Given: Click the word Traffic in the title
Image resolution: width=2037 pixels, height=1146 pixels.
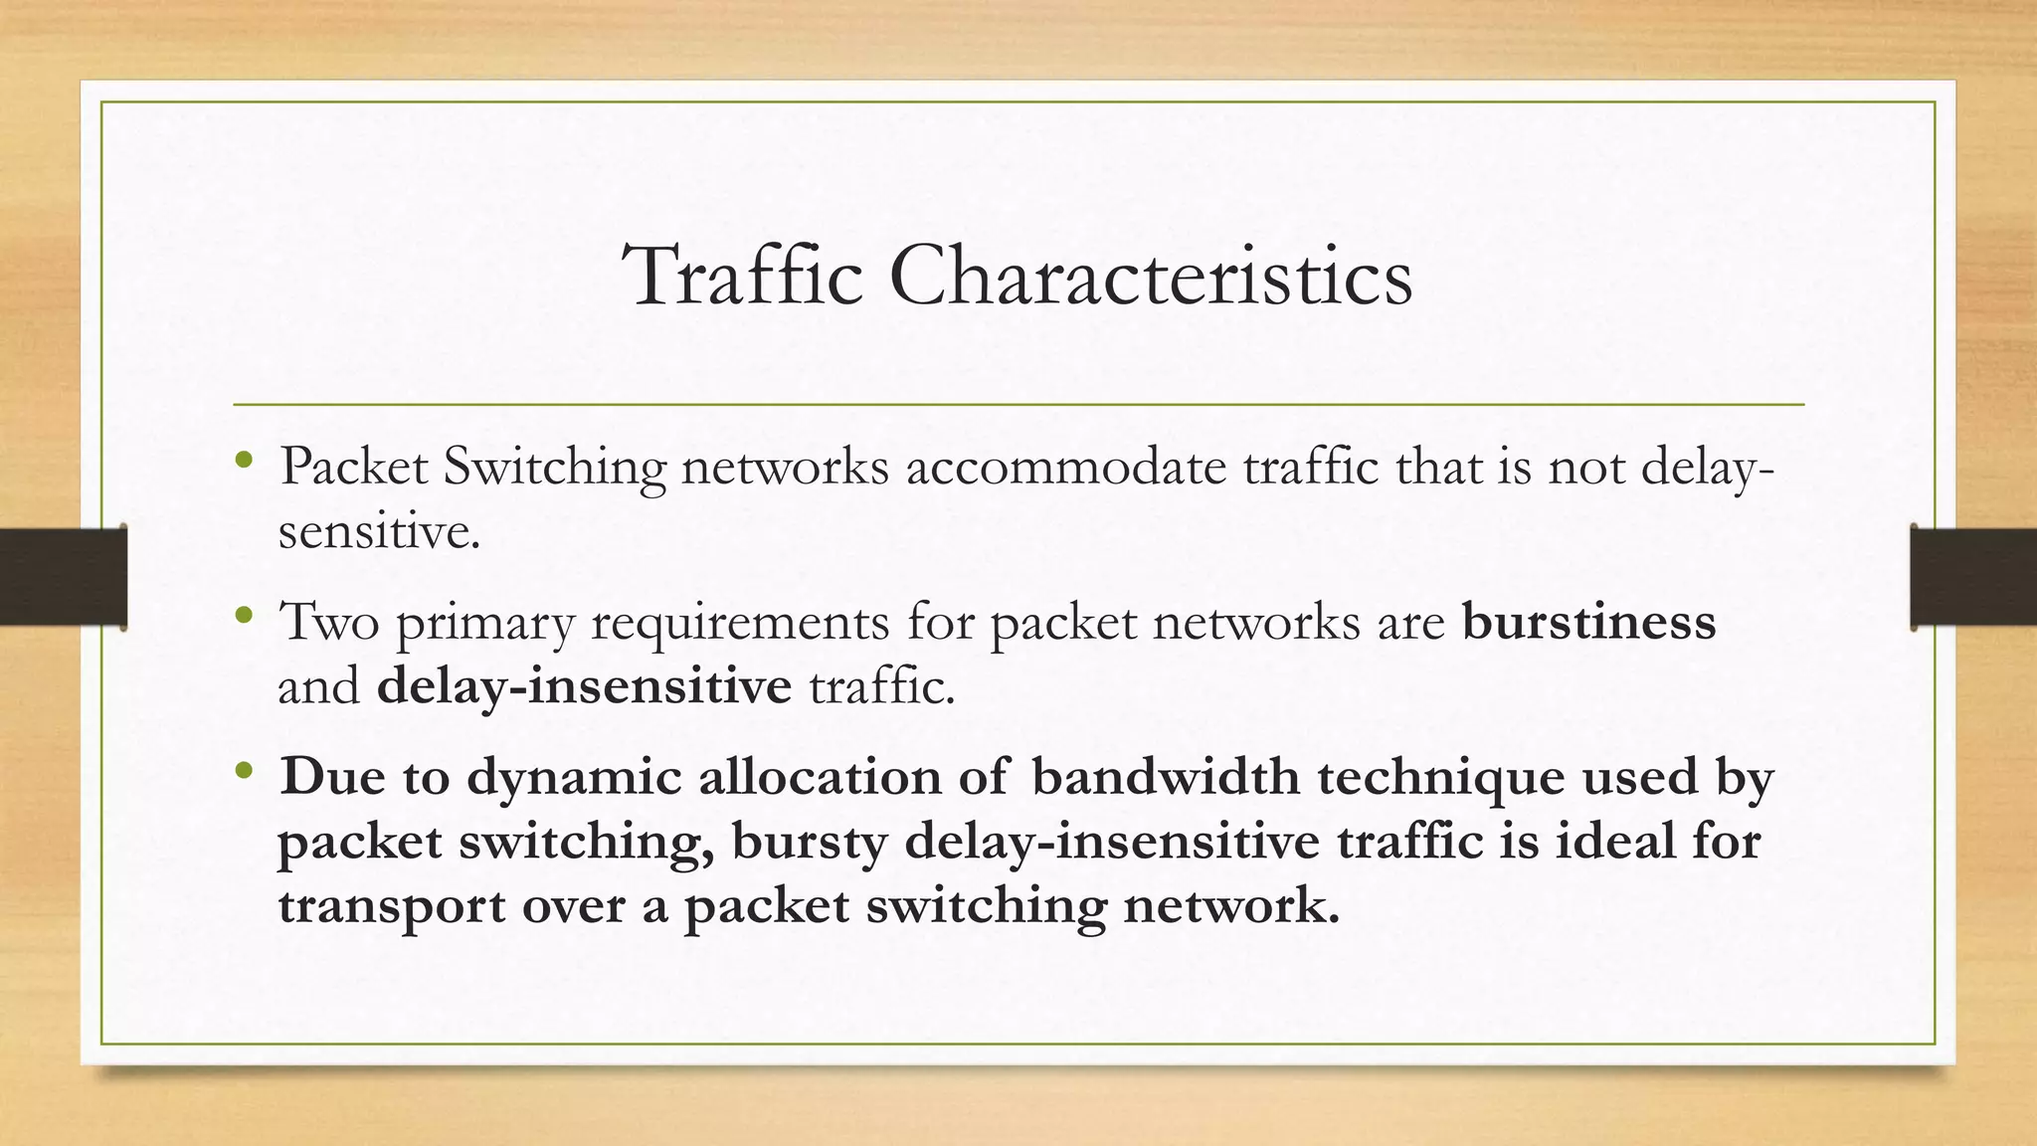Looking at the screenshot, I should [x=743, y=276].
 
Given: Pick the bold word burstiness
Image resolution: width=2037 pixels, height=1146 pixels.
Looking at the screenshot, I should [x=1588, y=622].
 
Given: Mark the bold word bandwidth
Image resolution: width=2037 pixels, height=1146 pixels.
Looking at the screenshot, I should [x=1165, y=777].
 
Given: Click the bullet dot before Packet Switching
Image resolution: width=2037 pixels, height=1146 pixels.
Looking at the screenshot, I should [x=244, y=461].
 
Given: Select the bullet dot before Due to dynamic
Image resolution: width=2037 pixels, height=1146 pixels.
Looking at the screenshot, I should [x=244, y=771].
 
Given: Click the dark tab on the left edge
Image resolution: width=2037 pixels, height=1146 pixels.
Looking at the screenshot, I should [x=64, y=577].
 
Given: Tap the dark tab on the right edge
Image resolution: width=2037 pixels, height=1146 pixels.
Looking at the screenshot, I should [x=1973, y=577].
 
